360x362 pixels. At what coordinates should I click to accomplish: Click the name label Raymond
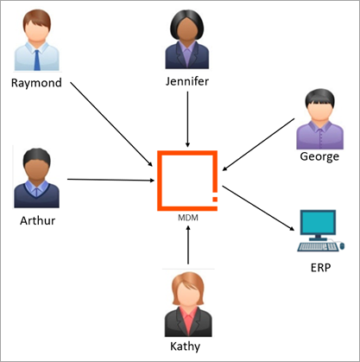coord(36,83)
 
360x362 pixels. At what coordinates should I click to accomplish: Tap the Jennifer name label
coord(187,81)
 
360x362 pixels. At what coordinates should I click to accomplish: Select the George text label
coord(319,157)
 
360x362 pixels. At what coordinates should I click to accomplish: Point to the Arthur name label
coord(37,220)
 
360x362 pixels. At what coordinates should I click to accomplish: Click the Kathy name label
coord(185,346)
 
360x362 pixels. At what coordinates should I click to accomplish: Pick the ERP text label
coord(320,268)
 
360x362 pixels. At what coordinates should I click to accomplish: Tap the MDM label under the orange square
coord(188,218)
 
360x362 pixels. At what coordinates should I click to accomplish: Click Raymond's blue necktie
coord(37,60)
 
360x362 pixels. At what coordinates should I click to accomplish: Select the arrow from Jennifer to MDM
coord(187,119)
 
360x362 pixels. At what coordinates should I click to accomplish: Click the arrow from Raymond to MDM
coord(111,124)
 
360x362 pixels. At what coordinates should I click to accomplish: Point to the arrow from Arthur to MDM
coord(111,180)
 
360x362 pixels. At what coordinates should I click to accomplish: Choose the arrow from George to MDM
coord(258,144)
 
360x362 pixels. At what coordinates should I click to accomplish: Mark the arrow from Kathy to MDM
coord(188,245)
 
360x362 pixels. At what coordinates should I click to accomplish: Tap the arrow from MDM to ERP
coord(258,208)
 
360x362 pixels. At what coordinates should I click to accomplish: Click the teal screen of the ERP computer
coord(318,222)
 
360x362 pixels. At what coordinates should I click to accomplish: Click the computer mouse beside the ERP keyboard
coord(342,246)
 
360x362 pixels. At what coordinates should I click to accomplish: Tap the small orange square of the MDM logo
coord(215,199)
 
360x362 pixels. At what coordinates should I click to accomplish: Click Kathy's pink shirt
coord(188,321)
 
